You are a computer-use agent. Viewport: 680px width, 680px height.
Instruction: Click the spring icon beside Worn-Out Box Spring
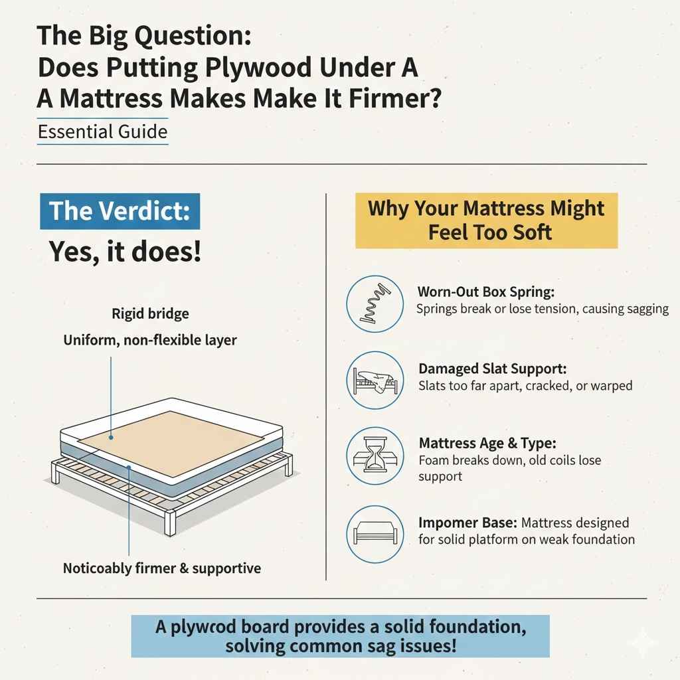pos(375,304)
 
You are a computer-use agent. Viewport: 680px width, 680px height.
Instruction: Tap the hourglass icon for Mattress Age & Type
pos(375,455)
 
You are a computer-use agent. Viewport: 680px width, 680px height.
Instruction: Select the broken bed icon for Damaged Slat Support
pos(375,380)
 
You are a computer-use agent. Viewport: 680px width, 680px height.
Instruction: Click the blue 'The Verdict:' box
pos(120,211)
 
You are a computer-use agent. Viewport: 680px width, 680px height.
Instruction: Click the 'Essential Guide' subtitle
pos(102,131)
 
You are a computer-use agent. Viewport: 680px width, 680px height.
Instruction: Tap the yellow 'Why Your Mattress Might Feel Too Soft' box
pos(486,220)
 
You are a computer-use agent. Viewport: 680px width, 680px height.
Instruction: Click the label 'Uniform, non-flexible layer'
pos(150,340)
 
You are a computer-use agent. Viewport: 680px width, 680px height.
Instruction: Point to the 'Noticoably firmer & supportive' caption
pos(161,568)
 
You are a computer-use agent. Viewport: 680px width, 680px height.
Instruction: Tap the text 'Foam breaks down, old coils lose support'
pos(510,467)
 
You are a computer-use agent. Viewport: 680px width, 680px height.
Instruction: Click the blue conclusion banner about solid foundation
pos(340,636)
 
